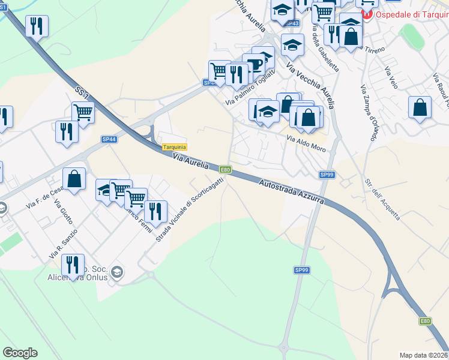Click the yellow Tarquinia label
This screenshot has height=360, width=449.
click(x=175, y=148)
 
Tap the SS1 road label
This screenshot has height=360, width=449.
click(x=82, y=93)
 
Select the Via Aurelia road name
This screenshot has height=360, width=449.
click(x=190, y=161)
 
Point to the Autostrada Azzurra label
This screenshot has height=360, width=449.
click(x=292, y=192)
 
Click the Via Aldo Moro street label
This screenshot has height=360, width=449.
click(x=306, y=143)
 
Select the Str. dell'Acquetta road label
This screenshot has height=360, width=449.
click(x=382, y=199)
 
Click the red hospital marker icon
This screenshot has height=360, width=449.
click(x=366, y=13)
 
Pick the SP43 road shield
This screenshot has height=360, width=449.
click(x=292, y=23)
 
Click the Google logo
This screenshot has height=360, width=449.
click(x=20, y=353)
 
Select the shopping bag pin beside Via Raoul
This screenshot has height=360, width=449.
click(x=420, y=109)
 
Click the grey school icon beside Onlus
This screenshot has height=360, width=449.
click(x=118, y=272)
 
